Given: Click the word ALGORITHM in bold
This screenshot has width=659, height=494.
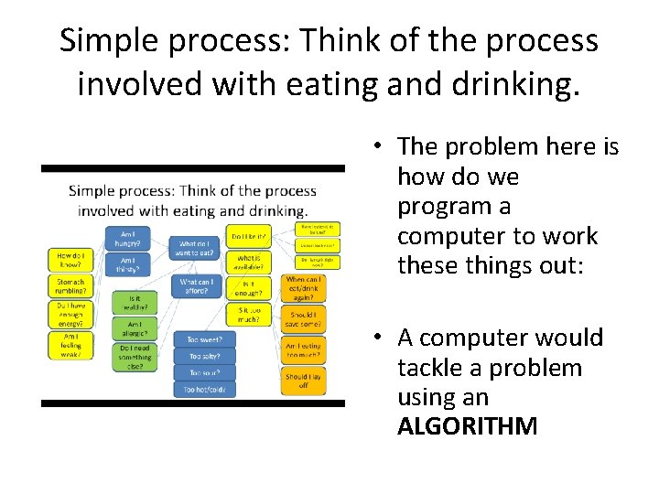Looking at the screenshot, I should [x=467, y=427].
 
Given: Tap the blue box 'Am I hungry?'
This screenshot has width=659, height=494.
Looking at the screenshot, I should [x=128, y=239].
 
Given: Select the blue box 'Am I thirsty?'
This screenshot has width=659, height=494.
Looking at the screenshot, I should [x=128, y=264].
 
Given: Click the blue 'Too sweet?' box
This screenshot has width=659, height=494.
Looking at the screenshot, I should [x=204, y=338].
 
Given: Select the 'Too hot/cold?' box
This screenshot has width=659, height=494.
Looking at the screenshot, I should [x=204, y=389].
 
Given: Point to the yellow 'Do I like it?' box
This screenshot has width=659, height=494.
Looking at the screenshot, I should [x=249, y=236].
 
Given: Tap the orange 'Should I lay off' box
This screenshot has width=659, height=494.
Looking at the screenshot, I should [x=303, y=381].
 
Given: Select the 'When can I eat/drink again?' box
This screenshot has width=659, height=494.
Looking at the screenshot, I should [x=303, y=288].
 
